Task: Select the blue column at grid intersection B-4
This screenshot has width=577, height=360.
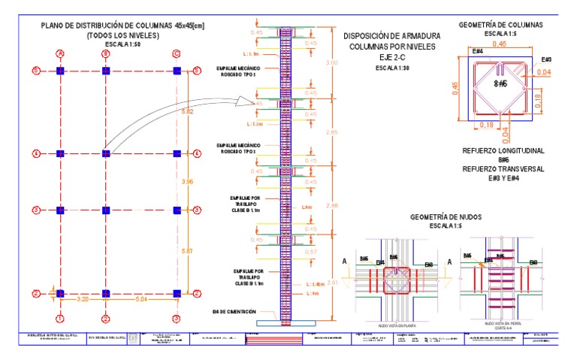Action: click(106, 153)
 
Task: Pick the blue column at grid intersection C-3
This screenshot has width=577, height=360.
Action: click(177, 210)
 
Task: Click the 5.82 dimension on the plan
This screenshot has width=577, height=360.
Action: click(189, 111)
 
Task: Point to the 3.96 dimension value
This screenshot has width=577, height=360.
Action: click(189, 182)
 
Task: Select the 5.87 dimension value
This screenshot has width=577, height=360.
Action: click(189, 250)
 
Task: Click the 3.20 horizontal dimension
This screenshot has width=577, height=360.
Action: click(83, 298)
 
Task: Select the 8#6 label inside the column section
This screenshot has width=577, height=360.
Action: click(500, 85)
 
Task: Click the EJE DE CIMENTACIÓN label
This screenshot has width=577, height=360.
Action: click(234, 311)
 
